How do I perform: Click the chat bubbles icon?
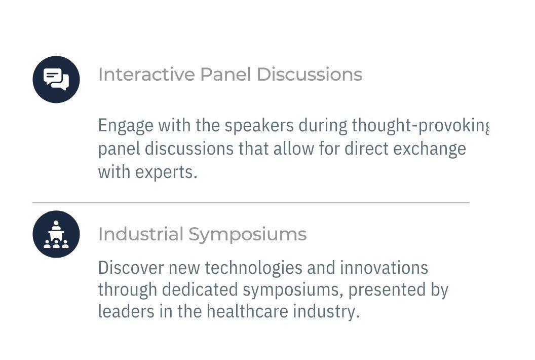[x=56, y=79]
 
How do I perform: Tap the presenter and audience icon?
[x=56, y=234]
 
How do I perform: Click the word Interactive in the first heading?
[x=146, y=74]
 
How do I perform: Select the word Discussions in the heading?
[x=309, y=74]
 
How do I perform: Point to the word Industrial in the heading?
[x=140, y=234]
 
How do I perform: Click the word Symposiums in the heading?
[x=247, y=235]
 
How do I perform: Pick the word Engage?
[x=126, y=126]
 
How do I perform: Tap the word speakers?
[x=259, y=126]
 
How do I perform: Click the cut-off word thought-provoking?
[x=420, y=126]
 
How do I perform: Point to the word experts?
[x=166, y=172]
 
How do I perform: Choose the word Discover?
[x=131, y=267]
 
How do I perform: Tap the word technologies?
[x=253, y=268]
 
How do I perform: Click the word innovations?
[x=384, y=267]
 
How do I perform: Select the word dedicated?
[x=200, y=290]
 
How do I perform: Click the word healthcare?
[x=247, y=311]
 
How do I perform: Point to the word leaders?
[x=126, y=311]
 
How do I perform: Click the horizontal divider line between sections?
[x=251, y=203]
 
